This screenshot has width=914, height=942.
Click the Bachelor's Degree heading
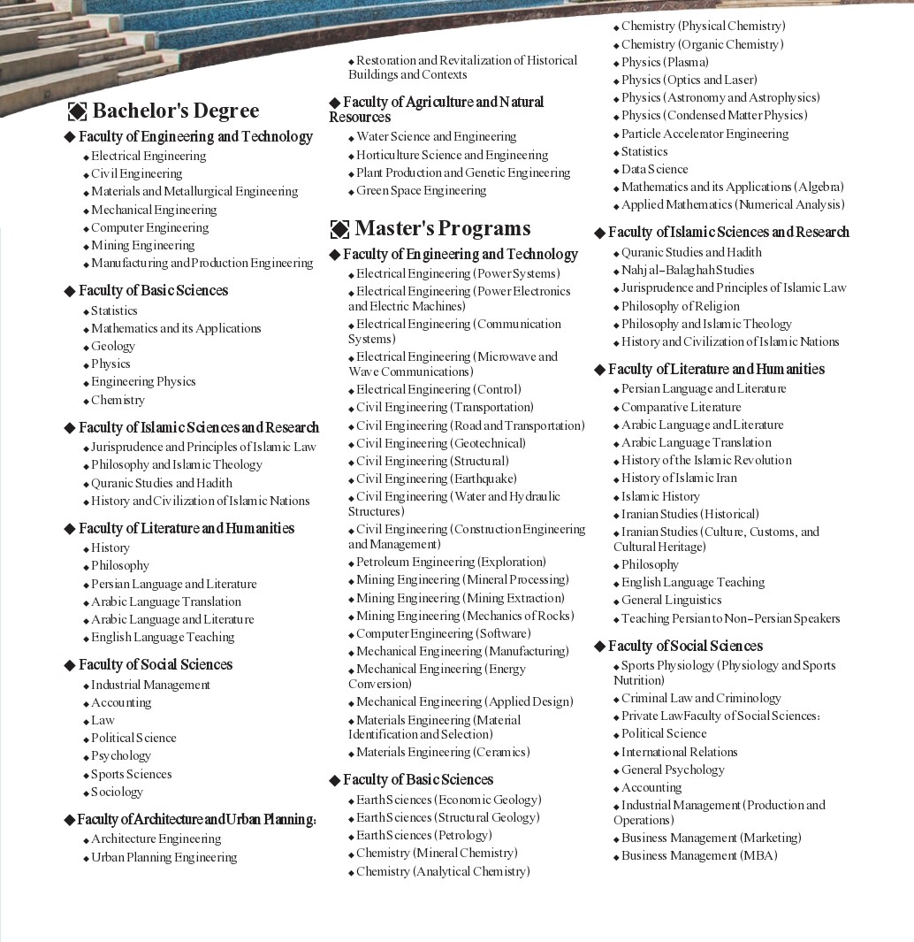click(x=175, y=111)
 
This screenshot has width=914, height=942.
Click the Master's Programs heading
click(x=442, y=229)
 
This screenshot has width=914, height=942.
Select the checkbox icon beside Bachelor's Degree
click(x=78, y=111)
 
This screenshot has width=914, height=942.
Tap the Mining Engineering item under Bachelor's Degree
click(x=142, y=246)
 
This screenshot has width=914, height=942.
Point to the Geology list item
click(x=113, y=347)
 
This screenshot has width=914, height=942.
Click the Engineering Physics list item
click(x=143, y=382)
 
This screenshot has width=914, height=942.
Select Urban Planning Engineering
click(x=164, y=858)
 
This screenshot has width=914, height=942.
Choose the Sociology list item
click(x=117, y=793)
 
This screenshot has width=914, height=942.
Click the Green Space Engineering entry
click(x=421, y=191)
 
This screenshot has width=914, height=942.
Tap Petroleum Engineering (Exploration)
click(x=451, y=563)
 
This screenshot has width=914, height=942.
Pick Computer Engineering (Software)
click(x=443, y=634)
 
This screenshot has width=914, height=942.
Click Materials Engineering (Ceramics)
click(x=443, y=753)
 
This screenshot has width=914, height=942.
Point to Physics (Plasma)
click(x=665, y=63)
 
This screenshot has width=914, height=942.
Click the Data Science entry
click(x=654, y=170)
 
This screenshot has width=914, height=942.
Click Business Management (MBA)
click(x=699, y=856)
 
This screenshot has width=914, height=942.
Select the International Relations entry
click(x=679, y=753)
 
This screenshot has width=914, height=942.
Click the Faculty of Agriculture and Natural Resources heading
click(x=437, y=110)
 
